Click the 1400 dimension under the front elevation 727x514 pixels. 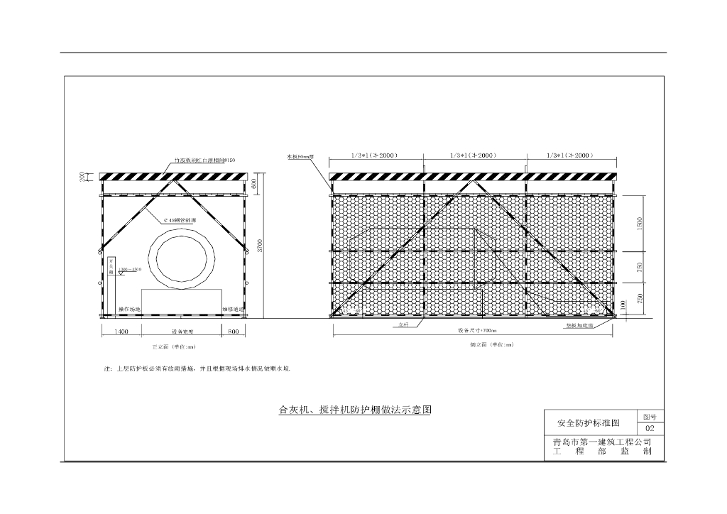pyautogui.click(x=121, y=332)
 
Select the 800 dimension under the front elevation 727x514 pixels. pyautogui.click(x=234, y=332)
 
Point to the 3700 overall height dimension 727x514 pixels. pyautogui.click(x=260, y=246)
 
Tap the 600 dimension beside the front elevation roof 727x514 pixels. pyautogui.click(x=253, y=183)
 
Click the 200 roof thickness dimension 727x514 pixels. pyautogui.click(x=82, y=176)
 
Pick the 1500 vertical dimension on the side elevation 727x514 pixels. pyautogui.click(x=640, y=223)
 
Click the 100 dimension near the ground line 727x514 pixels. pyautogui.click(x=623, y=305)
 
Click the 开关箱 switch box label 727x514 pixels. pyautogui.click(x=111, y=267)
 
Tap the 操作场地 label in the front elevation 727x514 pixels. pyautogui.click(x=129, y=309)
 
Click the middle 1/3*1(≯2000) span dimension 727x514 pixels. pyautogui.click(x=474, y=155)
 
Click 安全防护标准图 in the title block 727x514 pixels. pyautogui.click(x=589, y=423)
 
